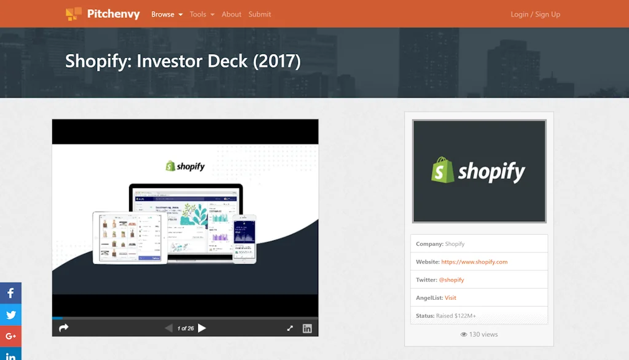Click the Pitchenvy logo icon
74,14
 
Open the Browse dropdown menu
167,14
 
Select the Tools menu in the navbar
202,14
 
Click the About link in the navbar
232,14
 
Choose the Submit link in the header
260,14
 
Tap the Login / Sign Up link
536,14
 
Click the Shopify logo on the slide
185,166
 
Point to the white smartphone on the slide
244,238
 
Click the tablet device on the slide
130,237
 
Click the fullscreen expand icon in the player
290,329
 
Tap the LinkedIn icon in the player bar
307,329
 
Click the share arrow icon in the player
63,328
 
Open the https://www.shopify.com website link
474,262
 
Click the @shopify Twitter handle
451,280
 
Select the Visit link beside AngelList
450,298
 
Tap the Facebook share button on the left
10,293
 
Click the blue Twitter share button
10,315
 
